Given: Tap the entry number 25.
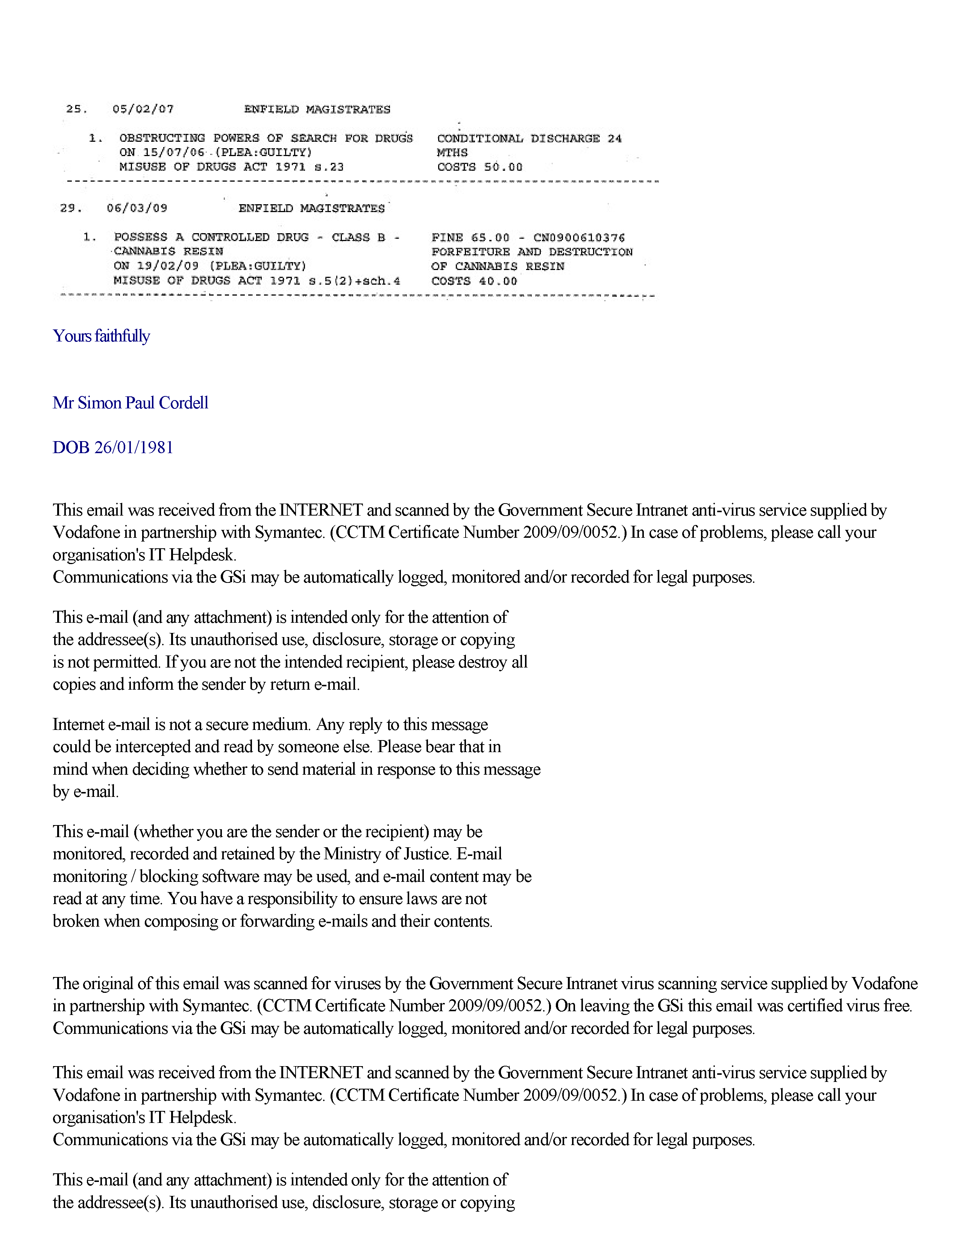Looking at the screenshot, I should pyautogui.click(x=76, y=109).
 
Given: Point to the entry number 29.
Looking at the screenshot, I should pyautogui.click(x=70, y=208).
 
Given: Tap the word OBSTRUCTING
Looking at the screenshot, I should pyautogui.click(x=162, y=138).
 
